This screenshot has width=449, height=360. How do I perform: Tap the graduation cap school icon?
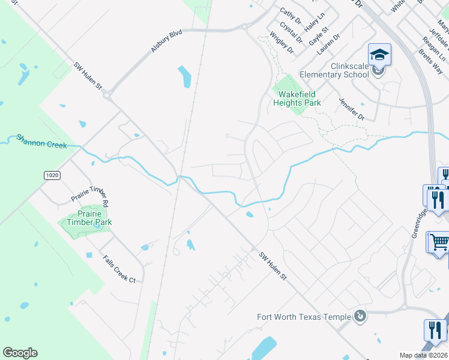pyautogui.click(x=379, y=56)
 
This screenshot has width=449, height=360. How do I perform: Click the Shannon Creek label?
pyautogui.click(x=43, y=142)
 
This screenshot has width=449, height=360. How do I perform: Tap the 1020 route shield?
pyautogui.click(x=51, y=175)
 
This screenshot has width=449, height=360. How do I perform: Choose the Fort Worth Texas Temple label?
pyautogui.click(x=303, y=317)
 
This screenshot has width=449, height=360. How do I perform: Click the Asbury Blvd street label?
pyautogui.click(x=166, y=43)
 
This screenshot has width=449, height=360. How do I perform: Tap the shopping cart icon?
pyautogui.click(x=439, y=242)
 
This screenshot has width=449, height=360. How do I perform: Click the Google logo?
pyautogui.click(x=20, y=353)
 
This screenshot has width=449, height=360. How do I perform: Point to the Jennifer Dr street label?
pyautogui.click(x=351, y=109)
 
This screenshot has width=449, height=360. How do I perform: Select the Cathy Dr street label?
pyautogui.click(x=291, y=16)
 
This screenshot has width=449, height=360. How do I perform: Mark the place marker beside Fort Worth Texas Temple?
pyautogui.click(x=360, y=316)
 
